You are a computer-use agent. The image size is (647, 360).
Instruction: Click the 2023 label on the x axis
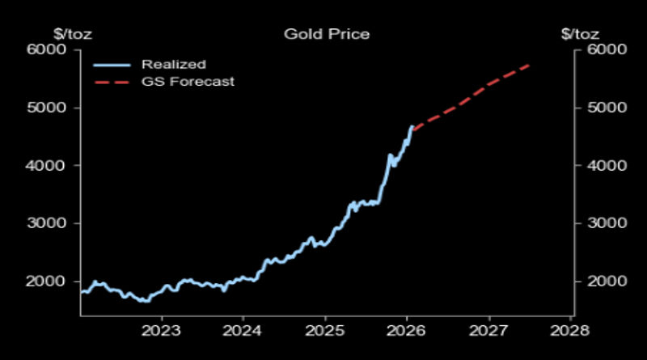click(159, 330)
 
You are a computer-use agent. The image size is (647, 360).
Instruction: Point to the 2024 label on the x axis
click(241, 330)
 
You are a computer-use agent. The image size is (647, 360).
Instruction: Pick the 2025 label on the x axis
click(323, 330)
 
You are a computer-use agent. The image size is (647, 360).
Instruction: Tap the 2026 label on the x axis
click(405, 330)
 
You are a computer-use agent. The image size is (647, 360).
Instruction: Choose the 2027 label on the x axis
click(488, 330)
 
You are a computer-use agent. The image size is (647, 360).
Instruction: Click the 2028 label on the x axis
click(569, 330)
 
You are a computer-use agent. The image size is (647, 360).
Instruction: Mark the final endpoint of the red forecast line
click(530, 64)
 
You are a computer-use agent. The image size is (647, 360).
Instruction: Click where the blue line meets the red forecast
click(412, 127)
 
